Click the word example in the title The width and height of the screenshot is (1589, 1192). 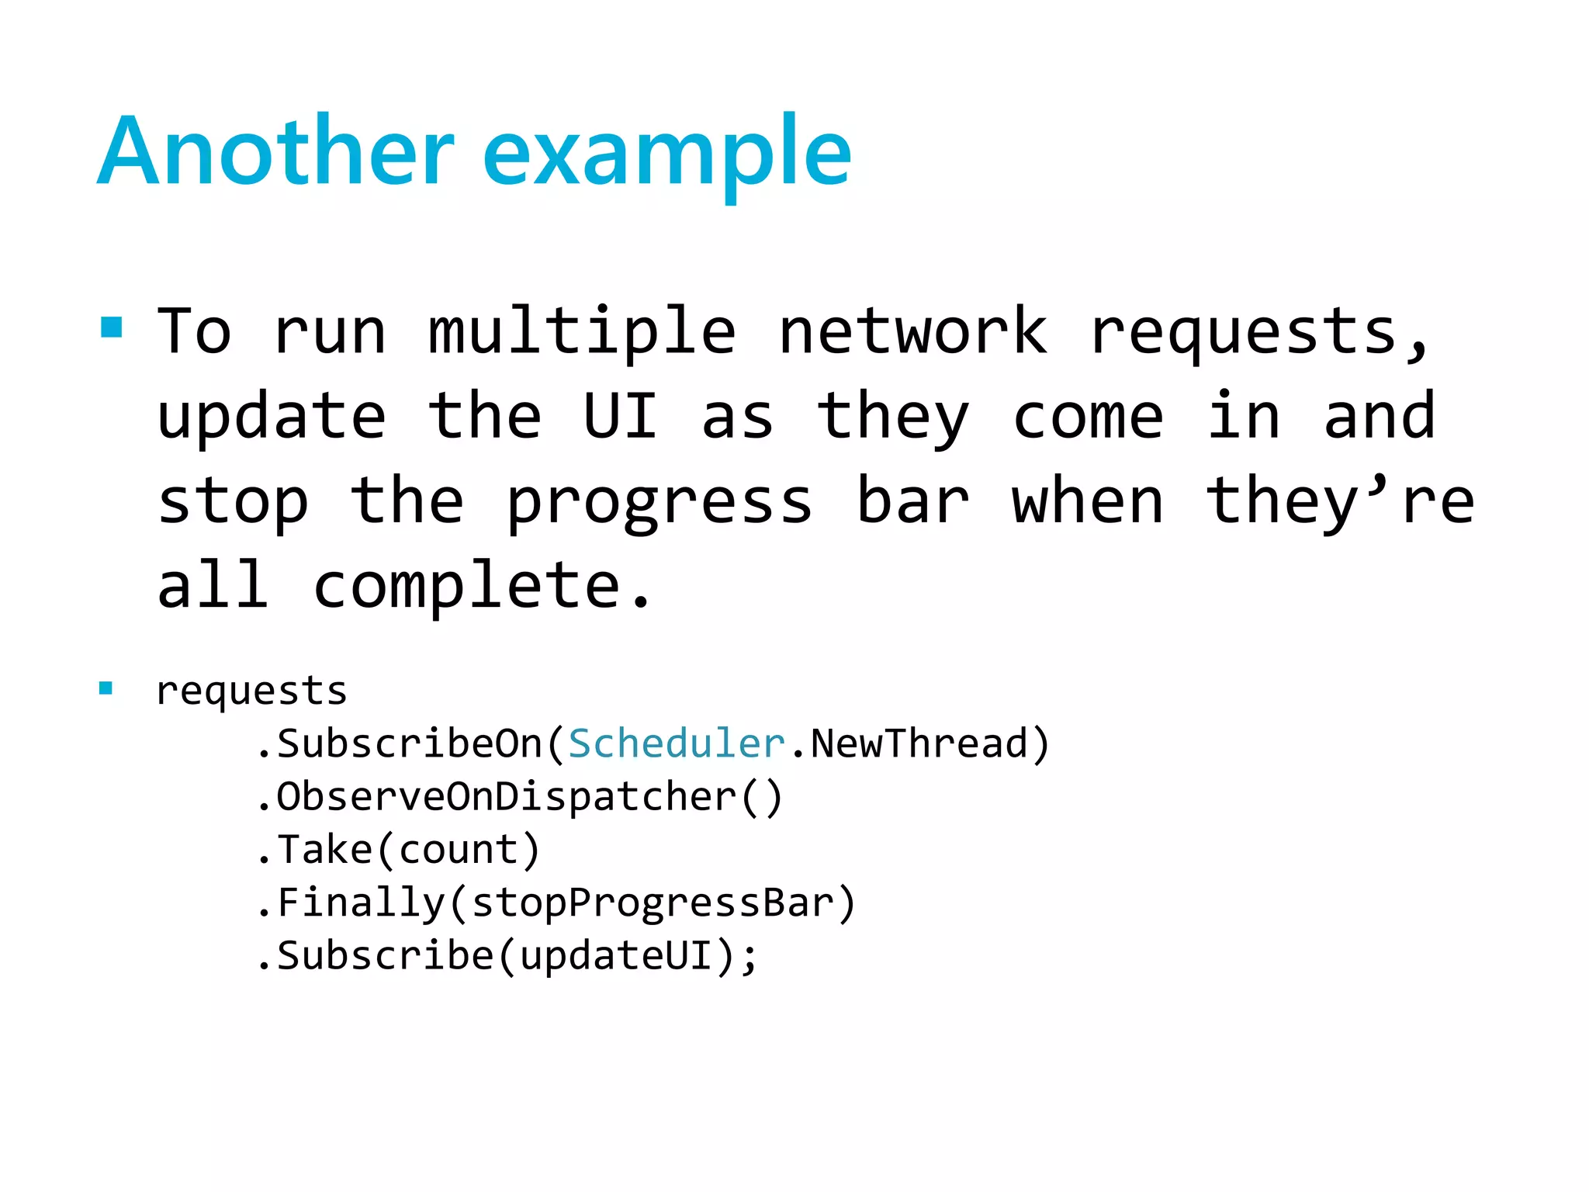click(x=667, y=155)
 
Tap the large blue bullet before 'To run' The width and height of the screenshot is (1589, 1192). click(x=112, y=327)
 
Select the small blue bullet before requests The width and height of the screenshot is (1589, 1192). click(x=106, y=688)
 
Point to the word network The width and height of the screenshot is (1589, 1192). click(x=913, y=331)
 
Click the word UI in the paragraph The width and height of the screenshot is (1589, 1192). click(x=621, y=416)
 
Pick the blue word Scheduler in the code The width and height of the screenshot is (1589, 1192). click(x=677, y=743)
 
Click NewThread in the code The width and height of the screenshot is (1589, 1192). click(x=919, y=743)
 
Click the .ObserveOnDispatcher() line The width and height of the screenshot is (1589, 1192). click(x=520, y=797)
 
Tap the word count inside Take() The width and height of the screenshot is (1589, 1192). click(x=458, y=851)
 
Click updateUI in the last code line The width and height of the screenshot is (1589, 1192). click(x=616, y=955)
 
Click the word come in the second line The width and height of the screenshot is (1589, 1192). click(x=1088, y=418)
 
